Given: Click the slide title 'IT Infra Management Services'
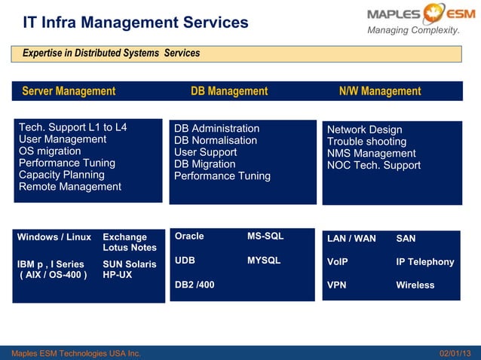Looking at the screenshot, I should click(x=135, y=22).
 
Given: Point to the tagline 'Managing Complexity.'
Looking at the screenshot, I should click(x=413, y=30).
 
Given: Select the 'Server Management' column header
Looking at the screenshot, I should click(x=69, y=91).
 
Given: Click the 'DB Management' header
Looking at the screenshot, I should click(x=229, y=91).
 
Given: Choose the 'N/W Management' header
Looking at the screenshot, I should click(x=380, y=91).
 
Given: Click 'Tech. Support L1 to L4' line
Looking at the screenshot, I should click(x=72, y=127).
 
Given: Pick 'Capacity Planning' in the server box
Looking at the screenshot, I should click(x=61, y=175).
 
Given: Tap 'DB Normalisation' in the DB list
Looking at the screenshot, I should click(x=216, y=140).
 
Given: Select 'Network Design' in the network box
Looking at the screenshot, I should click(x=364, y=130).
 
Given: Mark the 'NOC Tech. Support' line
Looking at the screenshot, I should click(x=373, y=165).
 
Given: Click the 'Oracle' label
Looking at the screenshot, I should click(x=189, y=236).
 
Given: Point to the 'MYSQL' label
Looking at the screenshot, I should click(x=264, y=261).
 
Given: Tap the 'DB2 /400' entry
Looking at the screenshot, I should click(x=195, y=285).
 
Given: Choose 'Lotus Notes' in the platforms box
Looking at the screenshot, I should click(x=130, y=248).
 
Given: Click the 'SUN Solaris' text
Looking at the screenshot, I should click(x=130, y=264).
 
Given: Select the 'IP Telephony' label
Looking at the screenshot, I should click(x=425, y=262).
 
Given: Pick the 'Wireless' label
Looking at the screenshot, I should click(x=415, y=285).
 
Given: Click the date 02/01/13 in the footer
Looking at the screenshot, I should click(x=455, y=353).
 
